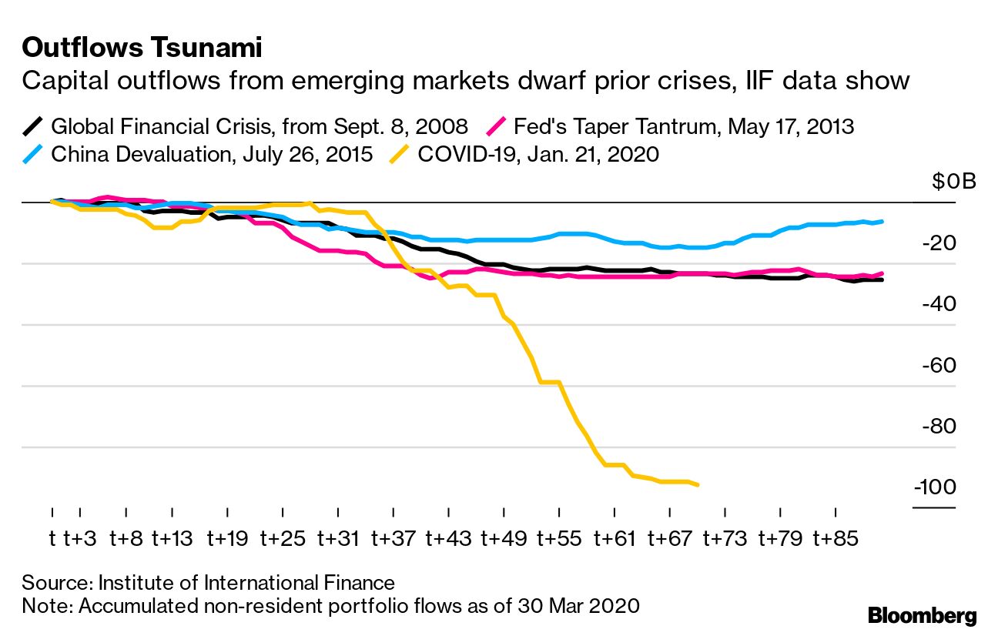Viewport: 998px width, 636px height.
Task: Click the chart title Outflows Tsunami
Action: pos(142,49)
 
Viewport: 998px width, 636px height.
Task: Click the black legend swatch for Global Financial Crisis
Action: pos(33,126)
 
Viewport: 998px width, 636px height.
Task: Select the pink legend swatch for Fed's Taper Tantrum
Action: pos(496,126)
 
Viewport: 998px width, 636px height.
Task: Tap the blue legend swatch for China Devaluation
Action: pos(33,154)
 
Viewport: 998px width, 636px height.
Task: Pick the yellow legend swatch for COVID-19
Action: pos(400,154)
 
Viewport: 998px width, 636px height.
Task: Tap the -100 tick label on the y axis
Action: pos(935,488)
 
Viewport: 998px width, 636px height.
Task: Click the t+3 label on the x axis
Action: pos(79,538)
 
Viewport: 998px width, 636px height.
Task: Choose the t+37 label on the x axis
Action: pos(393,538)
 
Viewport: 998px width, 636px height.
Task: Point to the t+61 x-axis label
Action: pos(615,538)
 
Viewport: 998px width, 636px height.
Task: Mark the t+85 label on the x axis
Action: pos(836,538)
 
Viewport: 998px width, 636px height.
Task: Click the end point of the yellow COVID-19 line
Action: pos(697,484)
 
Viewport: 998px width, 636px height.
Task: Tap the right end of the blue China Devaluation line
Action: pos(882,222)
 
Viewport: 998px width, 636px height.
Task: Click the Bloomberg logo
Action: pos(922,615)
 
